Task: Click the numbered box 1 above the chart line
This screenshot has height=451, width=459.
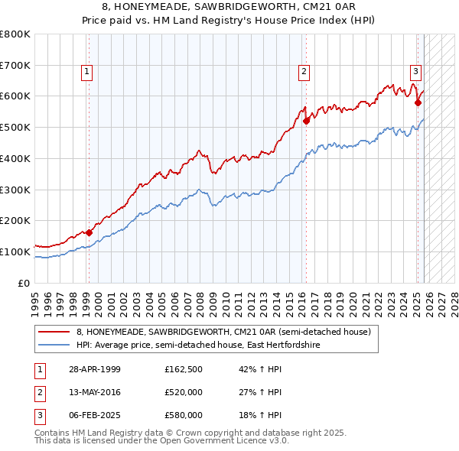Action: click(x=87, y=73)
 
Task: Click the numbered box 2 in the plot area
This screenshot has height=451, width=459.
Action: click(x=304, y=73)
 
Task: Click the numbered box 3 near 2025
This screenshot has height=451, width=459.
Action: click(x=415, y=73)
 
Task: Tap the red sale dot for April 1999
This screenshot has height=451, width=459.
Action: click(x=89, y=232)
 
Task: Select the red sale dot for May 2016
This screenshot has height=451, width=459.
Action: click(x=306, y=120)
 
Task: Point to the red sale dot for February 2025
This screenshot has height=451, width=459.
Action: click(x=418, y=102)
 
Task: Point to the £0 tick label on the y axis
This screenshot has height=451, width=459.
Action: click(x=24, y=283)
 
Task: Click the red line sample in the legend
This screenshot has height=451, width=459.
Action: click(x=55, y=332)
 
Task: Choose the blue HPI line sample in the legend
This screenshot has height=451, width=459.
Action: click(x=55, y=346)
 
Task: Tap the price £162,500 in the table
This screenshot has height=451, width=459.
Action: click(x=184, y=369)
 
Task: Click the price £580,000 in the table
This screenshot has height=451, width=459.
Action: click(x=184, y=415)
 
